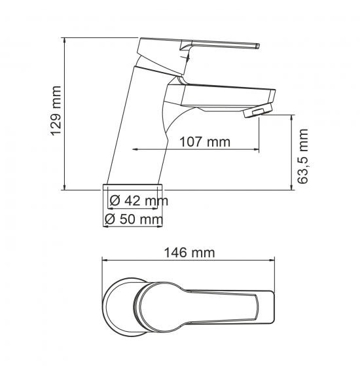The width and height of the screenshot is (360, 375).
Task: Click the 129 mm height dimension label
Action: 56,111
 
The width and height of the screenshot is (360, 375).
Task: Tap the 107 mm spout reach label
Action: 205,142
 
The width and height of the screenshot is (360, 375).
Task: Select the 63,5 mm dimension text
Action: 302,156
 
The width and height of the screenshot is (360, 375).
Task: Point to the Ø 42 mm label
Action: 139,200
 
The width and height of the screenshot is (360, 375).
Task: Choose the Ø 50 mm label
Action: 134,219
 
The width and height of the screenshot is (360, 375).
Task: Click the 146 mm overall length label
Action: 189,253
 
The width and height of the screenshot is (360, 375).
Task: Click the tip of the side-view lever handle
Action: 258,46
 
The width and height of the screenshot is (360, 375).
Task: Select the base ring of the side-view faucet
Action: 133,187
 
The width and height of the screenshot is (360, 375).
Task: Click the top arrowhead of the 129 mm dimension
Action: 64,40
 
